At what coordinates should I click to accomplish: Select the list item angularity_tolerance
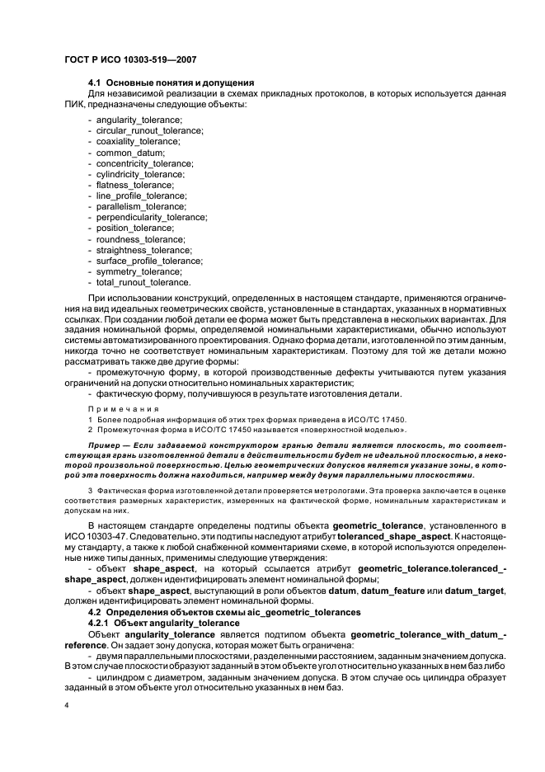[139, 120]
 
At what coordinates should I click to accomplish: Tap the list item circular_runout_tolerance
[149, 131]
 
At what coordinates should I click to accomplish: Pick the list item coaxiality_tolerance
[138, 142]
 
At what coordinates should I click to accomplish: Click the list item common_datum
[130, 153]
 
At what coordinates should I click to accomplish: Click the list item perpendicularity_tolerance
[151, 218]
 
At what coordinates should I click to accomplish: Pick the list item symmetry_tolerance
[139, 271]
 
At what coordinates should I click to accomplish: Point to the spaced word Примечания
[115, 408]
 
